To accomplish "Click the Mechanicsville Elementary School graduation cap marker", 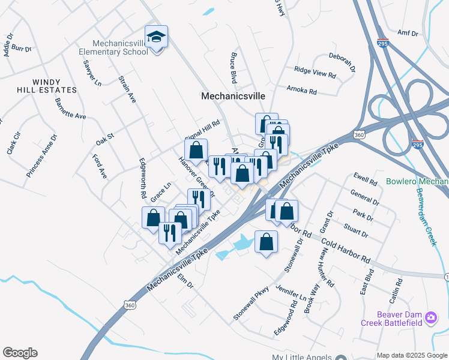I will tap(156, 37).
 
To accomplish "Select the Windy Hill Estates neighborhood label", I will tap(47, 85).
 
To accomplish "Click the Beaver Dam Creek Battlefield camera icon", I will tap(430, 317).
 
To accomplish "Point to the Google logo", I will tap(20, 353).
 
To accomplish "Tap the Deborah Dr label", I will tap(342, 58).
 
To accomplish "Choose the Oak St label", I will tap(105, 140).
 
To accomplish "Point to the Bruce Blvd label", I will tap(233, 67).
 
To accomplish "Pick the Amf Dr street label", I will tap(408, 34).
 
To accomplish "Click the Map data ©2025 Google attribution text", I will tap(411, 355).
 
